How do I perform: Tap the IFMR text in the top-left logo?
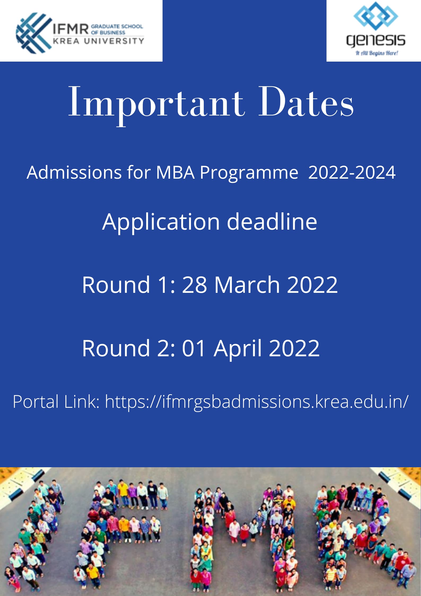(70, 28)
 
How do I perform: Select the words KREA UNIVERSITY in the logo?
(98, 41)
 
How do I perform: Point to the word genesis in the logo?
(376, 41)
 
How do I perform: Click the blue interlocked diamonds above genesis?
(376, 16)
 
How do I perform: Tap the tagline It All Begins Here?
(377, 53)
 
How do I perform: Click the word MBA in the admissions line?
(175, 172)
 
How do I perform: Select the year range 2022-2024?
(352, 172)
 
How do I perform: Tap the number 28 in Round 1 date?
(194, 284)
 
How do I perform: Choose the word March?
(247, 284)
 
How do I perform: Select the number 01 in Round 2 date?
(193, 348)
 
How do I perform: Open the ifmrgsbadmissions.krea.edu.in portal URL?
(257, 402)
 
